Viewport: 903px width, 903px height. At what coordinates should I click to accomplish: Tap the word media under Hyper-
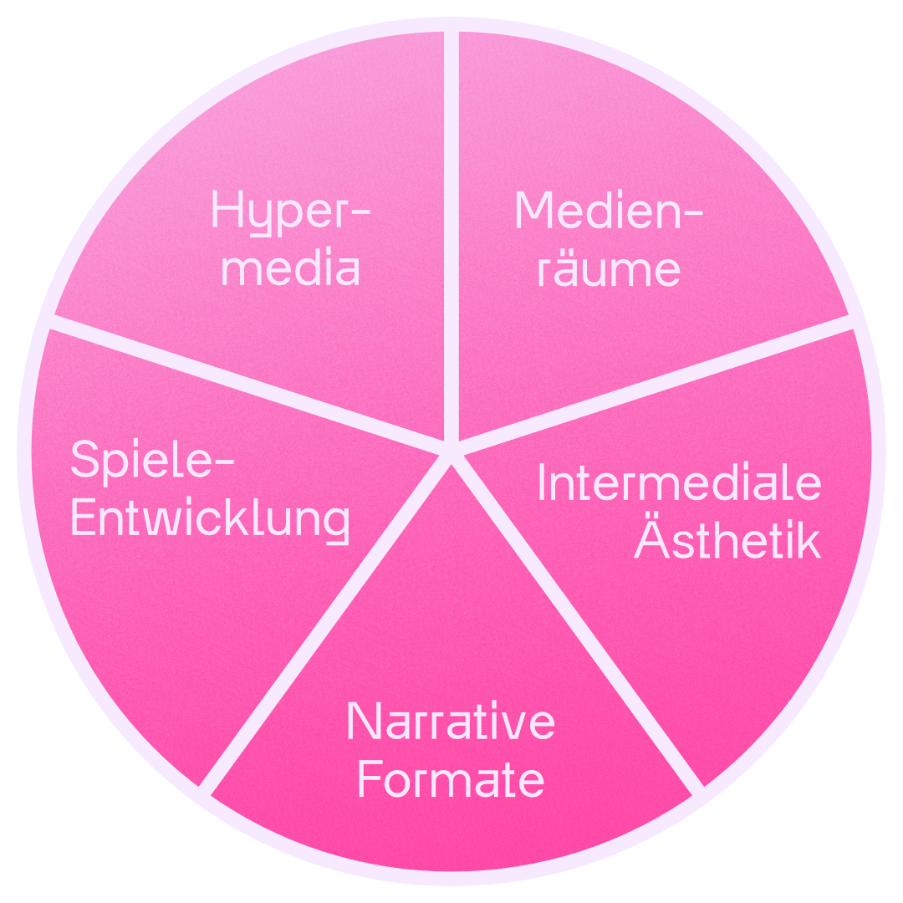tap(290, 269)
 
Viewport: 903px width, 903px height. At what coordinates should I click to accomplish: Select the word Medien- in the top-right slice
tap(608, 211)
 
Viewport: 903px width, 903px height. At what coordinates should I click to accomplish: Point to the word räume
tap(608, 269)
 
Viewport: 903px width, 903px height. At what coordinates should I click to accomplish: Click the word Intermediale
tap(679, 483)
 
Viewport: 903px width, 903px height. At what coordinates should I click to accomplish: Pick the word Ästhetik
tap(727, 540)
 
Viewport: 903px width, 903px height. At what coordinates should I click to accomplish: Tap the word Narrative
tap(451, 722)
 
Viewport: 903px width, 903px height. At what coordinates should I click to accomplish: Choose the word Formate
tap(451, 779)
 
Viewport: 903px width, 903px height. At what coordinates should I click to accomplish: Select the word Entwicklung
tap(210, 518)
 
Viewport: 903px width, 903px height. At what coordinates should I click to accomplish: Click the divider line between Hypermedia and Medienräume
tap(451, 234)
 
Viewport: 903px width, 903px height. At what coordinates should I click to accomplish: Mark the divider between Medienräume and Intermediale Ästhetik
tap(652, 385)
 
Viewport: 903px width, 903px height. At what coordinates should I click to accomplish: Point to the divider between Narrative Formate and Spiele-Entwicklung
tap(326, 623)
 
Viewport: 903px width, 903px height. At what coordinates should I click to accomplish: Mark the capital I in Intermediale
tap(542, 483)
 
